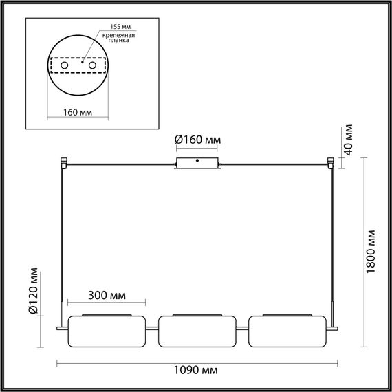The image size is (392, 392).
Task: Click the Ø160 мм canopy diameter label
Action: [x=198, y=140]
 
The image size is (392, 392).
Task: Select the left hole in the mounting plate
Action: [x=64, y=65]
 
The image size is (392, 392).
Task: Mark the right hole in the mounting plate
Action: [x=90, y=65]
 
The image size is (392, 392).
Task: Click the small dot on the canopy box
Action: [x=197, y=162]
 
